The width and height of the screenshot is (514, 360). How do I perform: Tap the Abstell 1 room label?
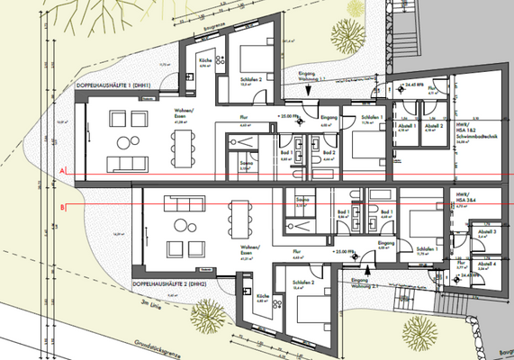pos(406,127)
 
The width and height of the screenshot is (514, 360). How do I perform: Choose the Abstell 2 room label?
pos(430,127)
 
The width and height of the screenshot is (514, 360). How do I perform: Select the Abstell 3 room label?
pos(487,232)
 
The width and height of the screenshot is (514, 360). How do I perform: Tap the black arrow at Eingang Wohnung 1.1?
pos(308,90)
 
